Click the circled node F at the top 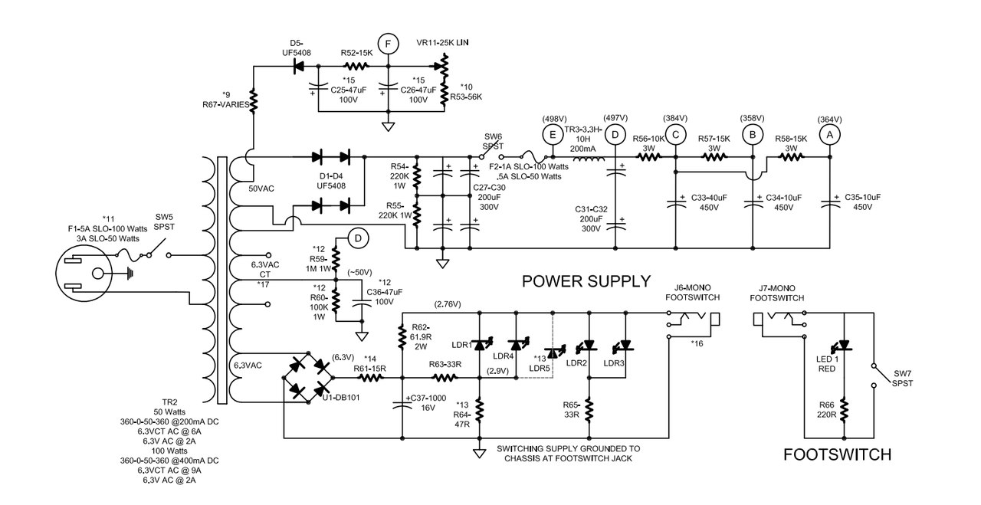(388, 44)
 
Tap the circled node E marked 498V (553, 135)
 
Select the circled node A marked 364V (829, 136)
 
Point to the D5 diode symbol (300, 66)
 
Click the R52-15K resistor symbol (356, 67)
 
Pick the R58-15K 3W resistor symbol (791, 157)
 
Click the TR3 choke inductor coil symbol (589, 159)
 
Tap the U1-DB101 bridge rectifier (308, 378)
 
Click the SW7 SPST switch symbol (873, 375)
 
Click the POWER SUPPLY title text (586, 281)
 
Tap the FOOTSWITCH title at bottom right (837, 454)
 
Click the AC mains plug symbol (84, 274)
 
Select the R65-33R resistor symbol (589, 409)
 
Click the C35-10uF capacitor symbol (829, 204)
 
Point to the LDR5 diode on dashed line (553, 352)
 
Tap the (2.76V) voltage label (447, 304)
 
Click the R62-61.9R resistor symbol (402, 337)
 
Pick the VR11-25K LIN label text (442, 42)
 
